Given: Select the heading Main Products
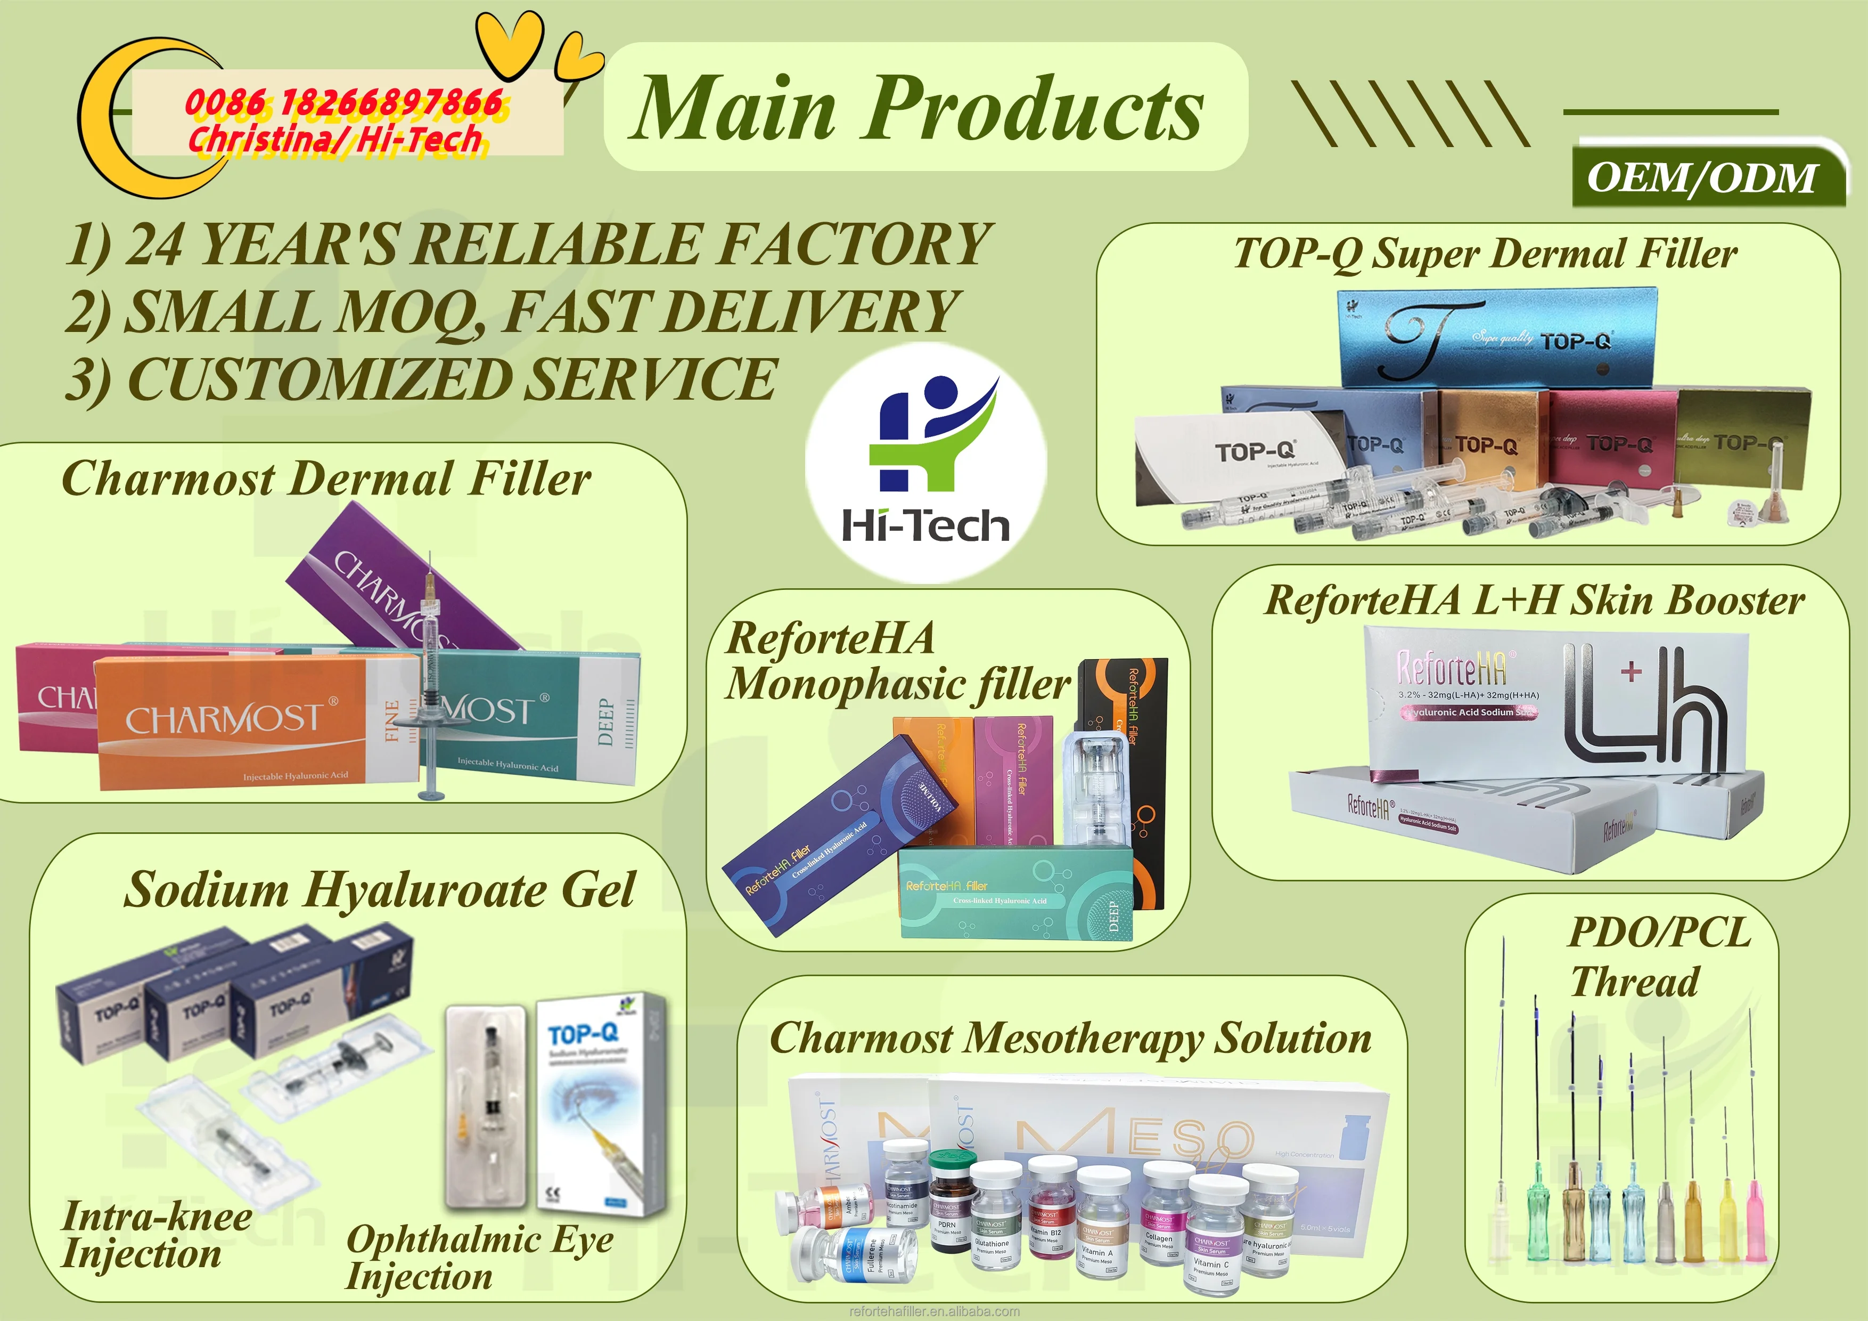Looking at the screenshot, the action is coord(917,108).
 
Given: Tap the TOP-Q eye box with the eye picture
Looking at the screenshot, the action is coord(598,1103).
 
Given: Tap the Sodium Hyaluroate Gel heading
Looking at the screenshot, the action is coord(379,889).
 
